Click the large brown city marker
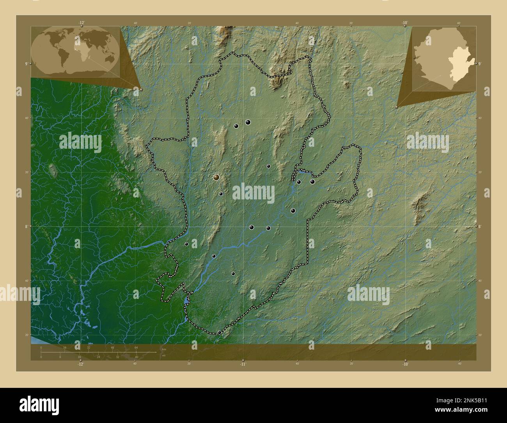pyautogui.click(x=216, y=178)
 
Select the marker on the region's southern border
pyautogui.click(x=220, y=332)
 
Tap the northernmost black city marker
pyautogui.click(x=248, y=122)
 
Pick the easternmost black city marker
pyautogui.click(x=312, y=181)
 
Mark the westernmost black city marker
pyautogui.click(x=186, y=244)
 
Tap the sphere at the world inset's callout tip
pyautogui.click(x=141, y=89)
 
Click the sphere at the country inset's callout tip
pyautogui.click(x=397, y=106)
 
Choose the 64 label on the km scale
pyautogui.click(x=136, y=347)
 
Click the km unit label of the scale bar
pyautogui.click(x=164, y=349)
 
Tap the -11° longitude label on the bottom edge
pyautogui.click(x=243, y=364)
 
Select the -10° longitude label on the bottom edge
pyautogui.click(x=405, y=364)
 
